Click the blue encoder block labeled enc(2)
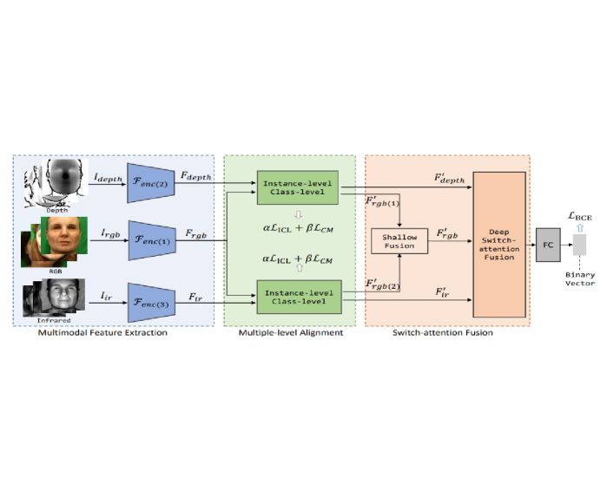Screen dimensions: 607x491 pos(150,183)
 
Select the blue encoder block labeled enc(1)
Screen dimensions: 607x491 pos(152,240)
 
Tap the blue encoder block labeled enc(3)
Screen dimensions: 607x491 pos(151,303)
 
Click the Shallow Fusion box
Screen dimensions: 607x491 pos(399,241)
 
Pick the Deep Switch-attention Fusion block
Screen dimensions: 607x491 pos(499,245)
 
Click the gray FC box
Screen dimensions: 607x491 pos(548,245)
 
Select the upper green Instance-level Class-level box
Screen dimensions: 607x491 pos(298,187)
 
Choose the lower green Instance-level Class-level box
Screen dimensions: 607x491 pos(300,297)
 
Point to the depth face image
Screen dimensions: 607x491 pos(64,180)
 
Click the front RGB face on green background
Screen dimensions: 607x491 pos(64,235)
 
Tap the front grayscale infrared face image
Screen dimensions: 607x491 pos(63,294)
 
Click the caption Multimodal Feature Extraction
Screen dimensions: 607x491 pos(102,332)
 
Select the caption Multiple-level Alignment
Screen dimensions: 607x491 pos(291,332)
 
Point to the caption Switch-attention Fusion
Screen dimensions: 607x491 pos(443,332)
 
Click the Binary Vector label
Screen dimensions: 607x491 pos(580,278)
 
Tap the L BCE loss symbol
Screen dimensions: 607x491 pos(580,216)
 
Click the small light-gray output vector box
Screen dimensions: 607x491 pos(579,245)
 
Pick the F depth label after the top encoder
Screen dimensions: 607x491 pos(196,176)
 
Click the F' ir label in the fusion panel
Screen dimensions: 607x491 pos(442,292)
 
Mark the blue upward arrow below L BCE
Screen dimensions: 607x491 pos(579,228)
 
